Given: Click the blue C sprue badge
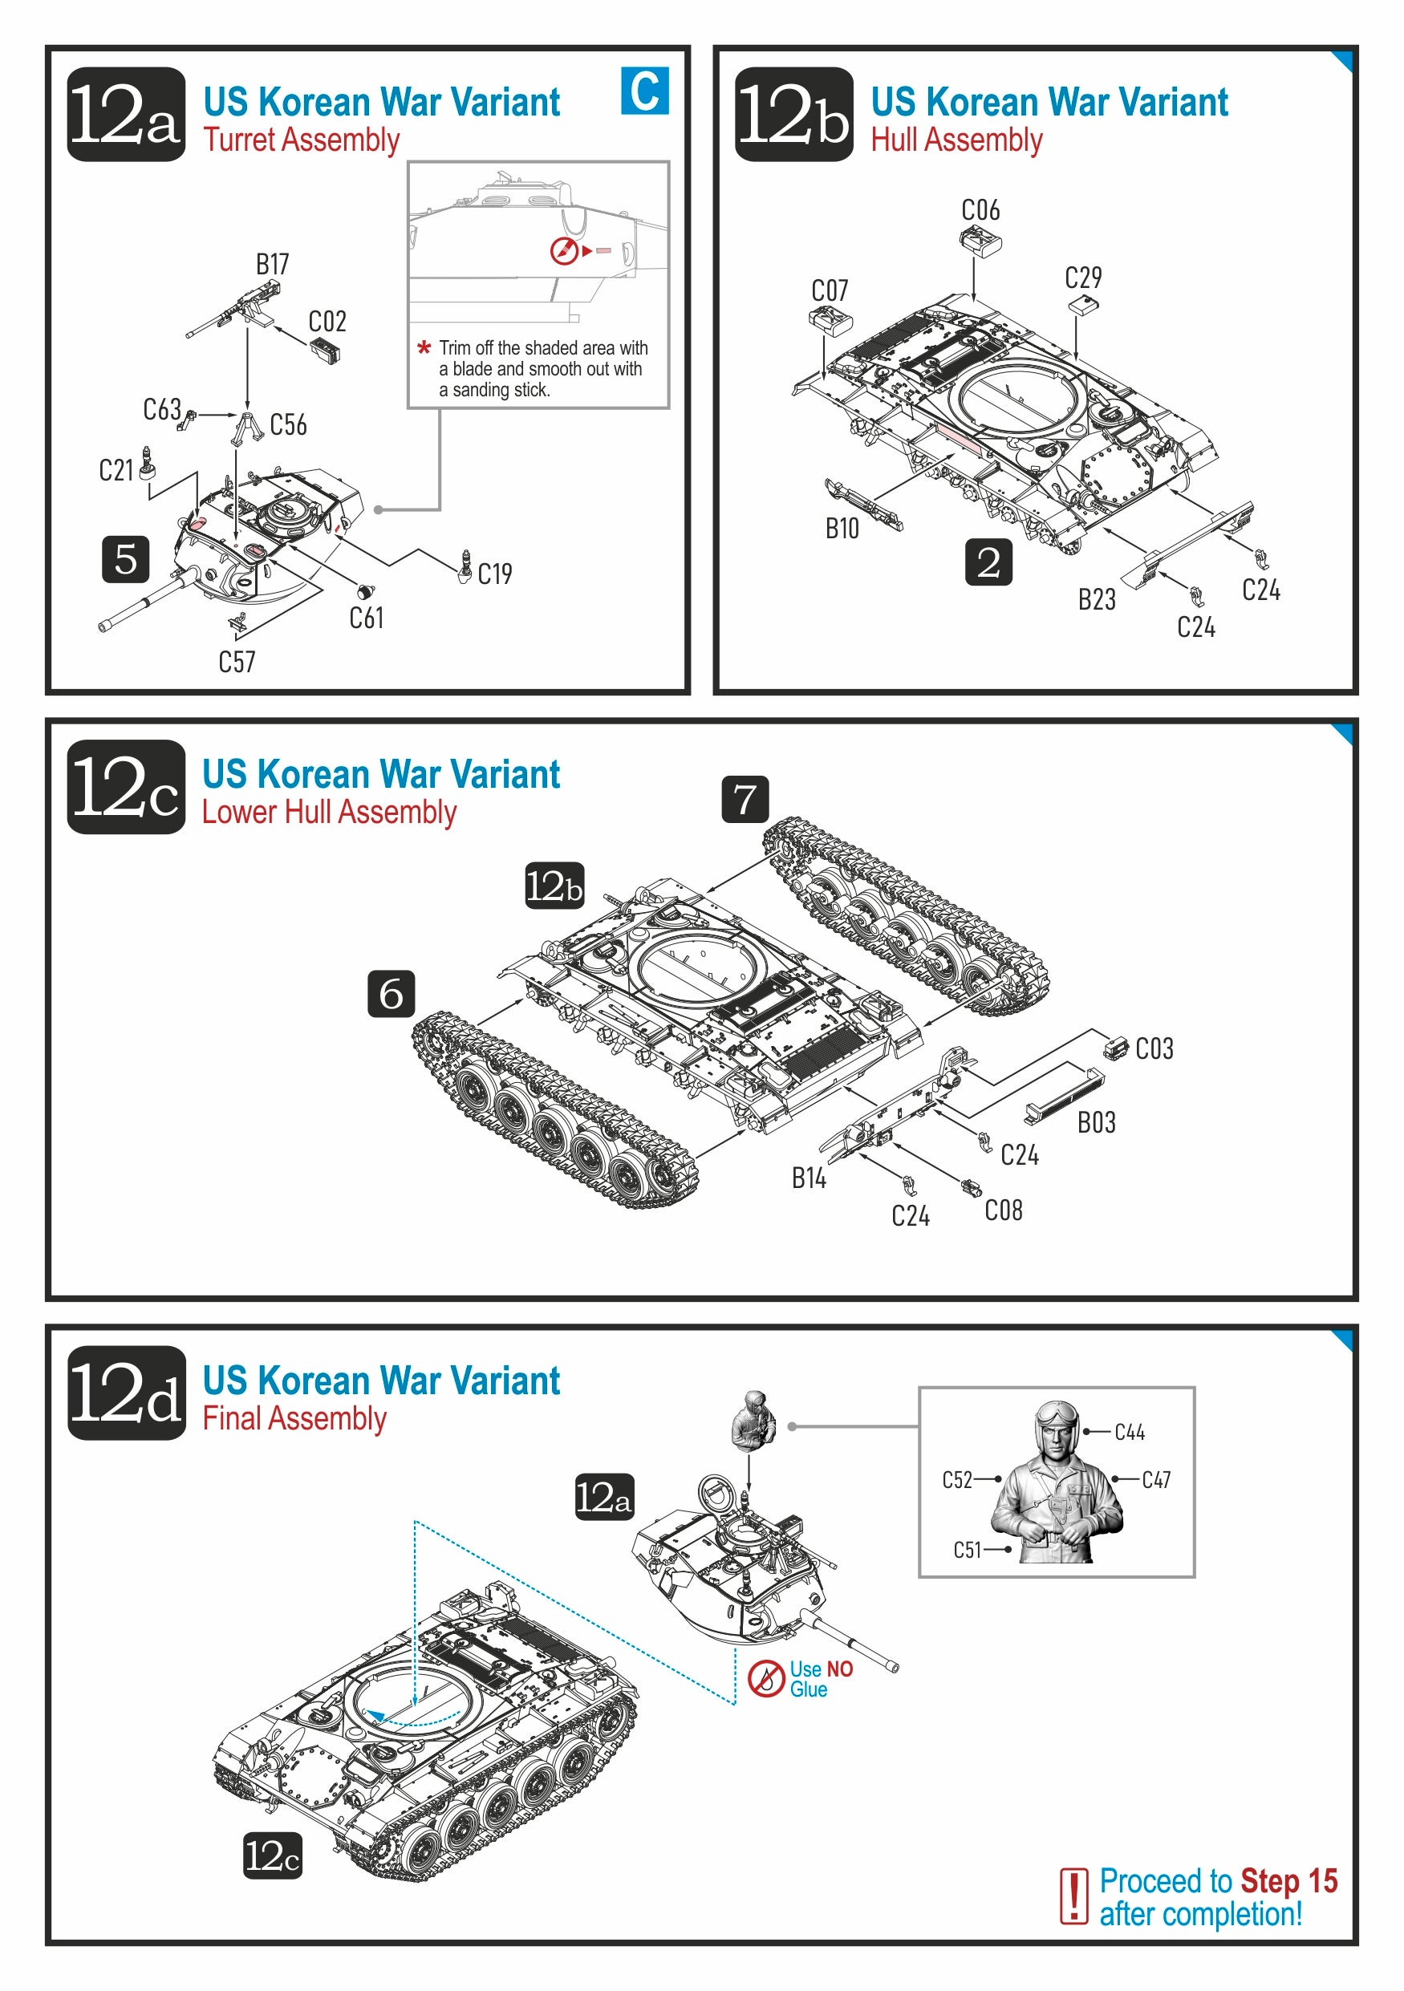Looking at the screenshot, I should click(644, 91).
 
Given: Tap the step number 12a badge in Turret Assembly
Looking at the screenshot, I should click(126, 115).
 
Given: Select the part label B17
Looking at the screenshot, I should click(272, 265).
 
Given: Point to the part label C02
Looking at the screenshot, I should click(327, 322).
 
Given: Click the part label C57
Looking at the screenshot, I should click(237, 663).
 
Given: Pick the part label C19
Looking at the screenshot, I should click(495, 574).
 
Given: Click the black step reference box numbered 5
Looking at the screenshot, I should click(126, 558).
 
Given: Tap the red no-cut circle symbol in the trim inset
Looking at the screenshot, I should click(563, 250).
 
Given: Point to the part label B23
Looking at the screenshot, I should click(1096, 599).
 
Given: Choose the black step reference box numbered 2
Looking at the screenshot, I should click(988, 562).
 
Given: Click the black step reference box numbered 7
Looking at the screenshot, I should click(745, 799).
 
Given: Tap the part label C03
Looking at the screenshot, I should click(1154, 1048).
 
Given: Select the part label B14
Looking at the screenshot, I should click(808, 1178).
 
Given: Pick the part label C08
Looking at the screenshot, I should click(1004, 1210).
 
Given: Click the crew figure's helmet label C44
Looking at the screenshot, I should click(1129, 1432).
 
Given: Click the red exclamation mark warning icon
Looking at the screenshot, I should click(1073, 1896).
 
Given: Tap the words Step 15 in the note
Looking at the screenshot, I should click(1288, 1881).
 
